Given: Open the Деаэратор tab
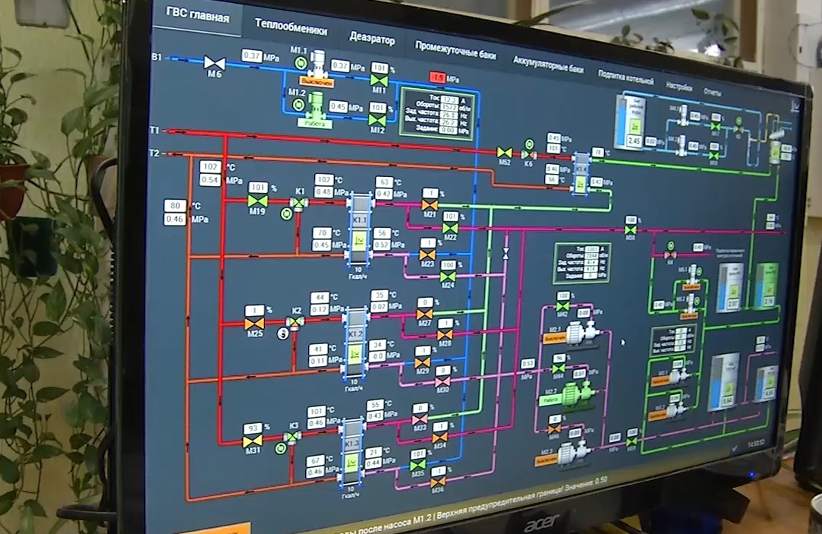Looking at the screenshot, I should tap(372, 37).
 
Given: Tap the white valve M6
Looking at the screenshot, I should tap(214, 62).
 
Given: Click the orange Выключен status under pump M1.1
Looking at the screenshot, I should tap(317, 81).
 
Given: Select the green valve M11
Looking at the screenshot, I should tap(378, 80).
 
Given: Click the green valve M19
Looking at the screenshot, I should tap(258, 201).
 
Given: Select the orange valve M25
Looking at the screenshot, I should tap(254, 324).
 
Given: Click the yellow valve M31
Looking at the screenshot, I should tap(253, 441).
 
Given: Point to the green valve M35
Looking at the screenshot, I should tap(417, 465).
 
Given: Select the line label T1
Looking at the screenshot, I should tap(154, 131).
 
